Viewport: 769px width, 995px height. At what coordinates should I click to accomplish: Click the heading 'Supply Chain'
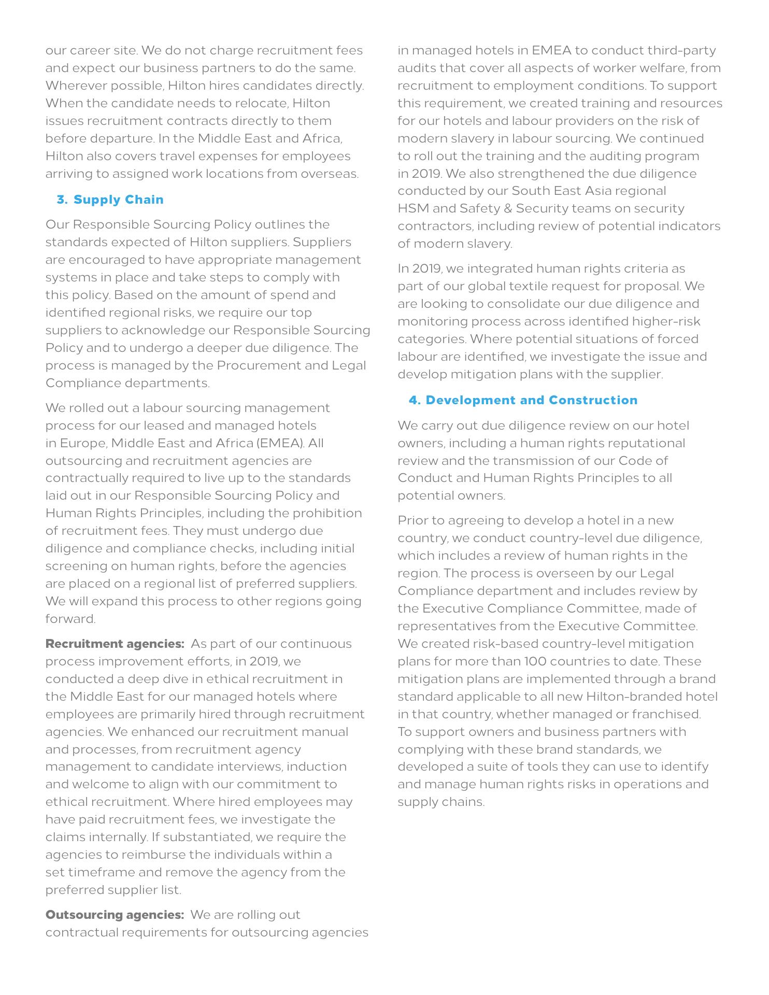[x=118, y=200]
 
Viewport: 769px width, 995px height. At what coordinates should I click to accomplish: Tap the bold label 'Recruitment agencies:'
[x=115, y=644]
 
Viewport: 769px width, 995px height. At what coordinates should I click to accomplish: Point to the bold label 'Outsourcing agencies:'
[x=115, y=915]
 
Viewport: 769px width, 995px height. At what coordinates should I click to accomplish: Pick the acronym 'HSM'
[x=412, y=208]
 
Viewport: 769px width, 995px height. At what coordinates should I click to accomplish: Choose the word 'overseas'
[x=332, y=174]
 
